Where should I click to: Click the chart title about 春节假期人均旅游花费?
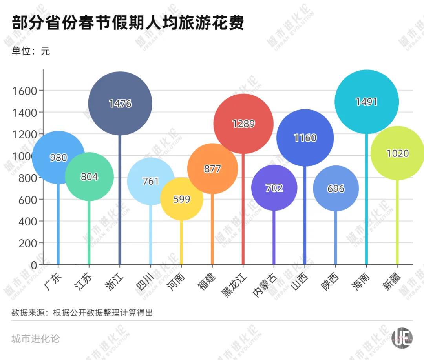point(128,23)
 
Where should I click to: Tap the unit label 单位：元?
point(31,51)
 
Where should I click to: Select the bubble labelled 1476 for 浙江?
point(120,104)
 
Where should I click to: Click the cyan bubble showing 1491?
point(367,102)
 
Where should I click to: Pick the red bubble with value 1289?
point(243,124)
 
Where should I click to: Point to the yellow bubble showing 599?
point(182,199)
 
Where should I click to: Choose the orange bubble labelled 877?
point(212,169)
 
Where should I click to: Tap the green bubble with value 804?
point(89,177)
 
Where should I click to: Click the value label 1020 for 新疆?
point(398,153)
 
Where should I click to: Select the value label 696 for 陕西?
point(336,189)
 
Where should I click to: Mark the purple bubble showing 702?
point(274,188)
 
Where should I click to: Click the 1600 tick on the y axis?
point(25,91)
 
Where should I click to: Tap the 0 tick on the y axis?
point(34,265)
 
